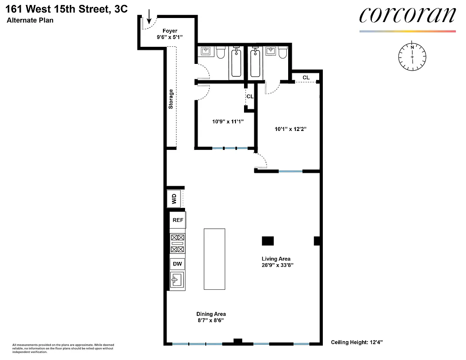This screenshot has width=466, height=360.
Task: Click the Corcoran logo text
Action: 407,15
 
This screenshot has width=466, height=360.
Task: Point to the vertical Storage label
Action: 171,99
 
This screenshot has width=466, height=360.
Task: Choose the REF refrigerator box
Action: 177,220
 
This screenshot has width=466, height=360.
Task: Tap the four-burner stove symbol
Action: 177,243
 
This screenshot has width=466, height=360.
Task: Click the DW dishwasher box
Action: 177,264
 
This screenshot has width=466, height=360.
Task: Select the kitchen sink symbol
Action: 177,281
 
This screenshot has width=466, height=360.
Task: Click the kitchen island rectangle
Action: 214,259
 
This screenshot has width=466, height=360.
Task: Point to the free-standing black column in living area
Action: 268,241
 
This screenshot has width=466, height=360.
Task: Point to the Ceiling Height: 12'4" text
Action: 357,342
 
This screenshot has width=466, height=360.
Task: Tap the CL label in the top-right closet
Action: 306,77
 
